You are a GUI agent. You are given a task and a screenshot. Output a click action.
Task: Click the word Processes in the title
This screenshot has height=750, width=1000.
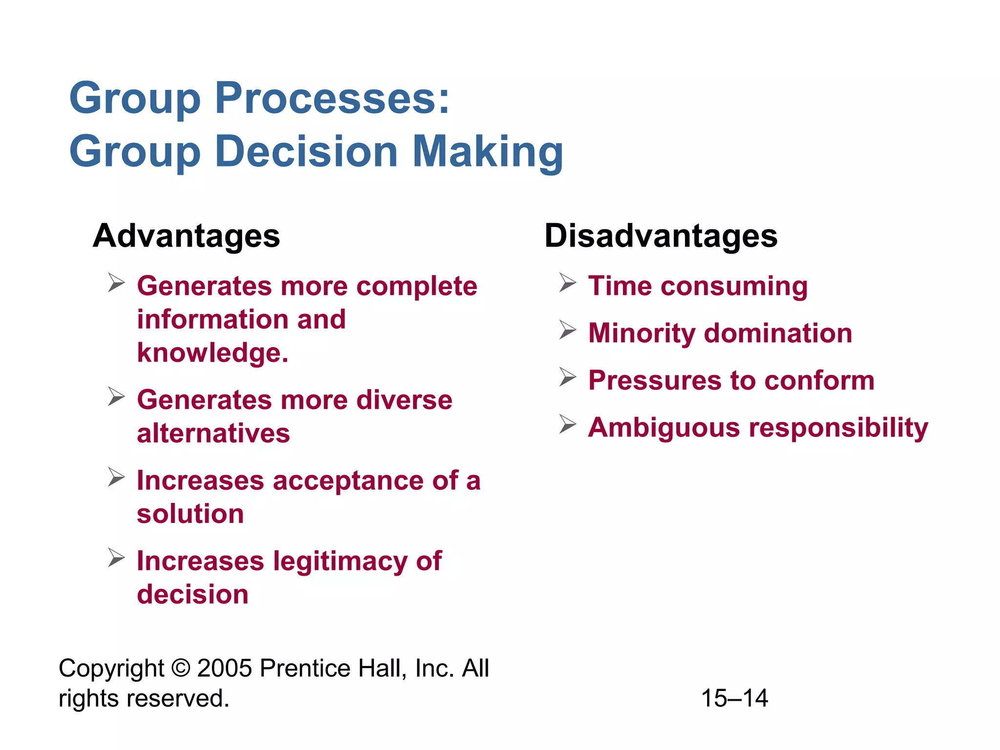coord(332,98)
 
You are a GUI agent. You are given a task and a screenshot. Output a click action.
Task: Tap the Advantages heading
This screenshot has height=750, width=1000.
coord(186,236)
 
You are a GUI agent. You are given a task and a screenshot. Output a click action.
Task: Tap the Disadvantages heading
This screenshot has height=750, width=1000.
coord(661,236)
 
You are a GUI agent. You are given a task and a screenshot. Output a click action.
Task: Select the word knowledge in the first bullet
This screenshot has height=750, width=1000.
coord(212,353)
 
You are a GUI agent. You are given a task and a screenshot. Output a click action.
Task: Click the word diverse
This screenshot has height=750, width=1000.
coord(404,400)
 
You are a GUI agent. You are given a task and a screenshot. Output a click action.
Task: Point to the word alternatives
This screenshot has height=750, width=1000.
coord(213,433)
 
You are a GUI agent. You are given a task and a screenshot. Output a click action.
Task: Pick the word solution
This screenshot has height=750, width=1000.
coord(190,514)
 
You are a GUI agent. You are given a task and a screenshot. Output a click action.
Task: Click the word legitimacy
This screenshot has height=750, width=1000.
coord(340,561)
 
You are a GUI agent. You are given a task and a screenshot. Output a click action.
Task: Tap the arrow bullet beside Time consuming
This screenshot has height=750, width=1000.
coord(568,283)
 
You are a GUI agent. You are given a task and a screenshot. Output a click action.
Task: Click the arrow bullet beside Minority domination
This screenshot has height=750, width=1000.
coord(568,330)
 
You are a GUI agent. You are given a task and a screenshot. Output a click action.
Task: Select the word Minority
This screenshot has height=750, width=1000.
coord(642,333)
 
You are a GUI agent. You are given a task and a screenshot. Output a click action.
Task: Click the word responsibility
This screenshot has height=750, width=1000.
coord(838,428)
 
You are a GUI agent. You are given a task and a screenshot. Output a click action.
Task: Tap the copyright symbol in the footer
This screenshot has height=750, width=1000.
coord(181,668)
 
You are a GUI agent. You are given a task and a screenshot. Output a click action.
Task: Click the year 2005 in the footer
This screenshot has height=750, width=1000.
coord(224,668)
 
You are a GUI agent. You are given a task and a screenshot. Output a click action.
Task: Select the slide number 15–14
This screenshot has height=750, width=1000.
coord(734,698)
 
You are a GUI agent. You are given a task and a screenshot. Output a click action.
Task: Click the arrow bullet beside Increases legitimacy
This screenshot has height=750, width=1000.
coord(116,558)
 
